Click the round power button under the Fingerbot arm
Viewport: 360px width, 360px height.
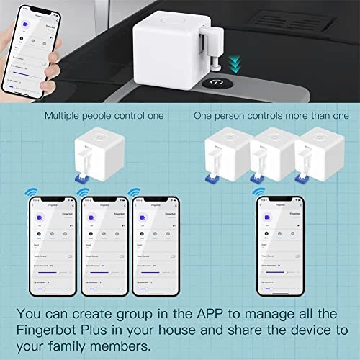tap(215, 84)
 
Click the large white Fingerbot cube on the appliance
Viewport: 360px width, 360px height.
tap(167, 36)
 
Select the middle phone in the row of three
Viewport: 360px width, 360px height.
tap(107, 244)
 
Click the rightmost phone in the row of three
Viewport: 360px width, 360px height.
tap(158, 244)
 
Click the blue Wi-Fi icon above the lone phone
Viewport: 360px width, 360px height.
tap(258, 193)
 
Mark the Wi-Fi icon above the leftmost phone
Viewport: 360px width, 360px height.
tap(30, 193)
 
